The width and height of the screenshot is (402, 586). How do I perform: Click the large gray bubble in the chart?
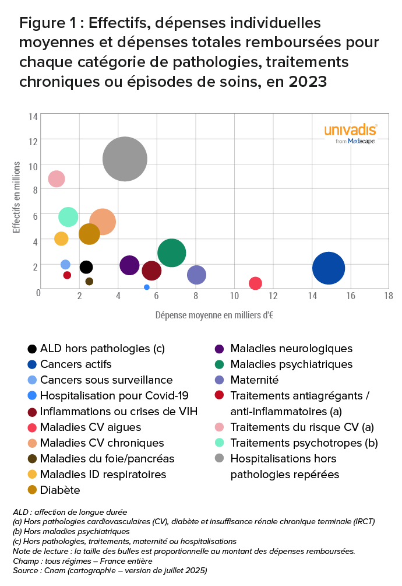(125, 159)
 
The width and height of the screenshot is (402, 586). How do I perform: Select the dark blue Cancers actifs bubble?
(329, 268)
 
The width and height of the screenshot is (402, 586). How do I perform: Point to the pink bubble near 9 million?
(56, 179)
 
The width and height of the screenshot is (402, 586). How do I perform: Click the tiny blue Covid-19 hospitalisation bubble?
(147, 287)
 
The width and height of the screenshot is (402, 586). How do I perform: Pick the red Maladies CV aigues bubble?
(255, 283)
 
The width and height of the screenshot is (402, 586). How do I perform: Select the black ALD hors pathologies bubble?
(86, 267)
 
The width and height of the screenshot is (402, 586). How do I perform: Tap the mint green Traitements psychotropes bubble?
(68, 217)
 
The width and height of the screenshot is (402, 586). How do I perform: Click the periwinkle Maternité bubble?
(197, 275)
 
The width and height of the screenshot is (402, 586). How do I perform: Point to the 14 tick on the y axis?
(33, 117)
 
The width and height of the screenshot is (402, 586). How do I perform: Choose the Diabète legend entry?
(60, 490)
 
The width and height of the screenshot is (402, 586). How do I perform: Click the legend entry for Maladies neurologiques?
(291, 349)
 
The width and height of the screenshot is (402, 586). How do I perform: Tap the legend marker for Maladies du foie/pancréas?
(33, 459)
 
